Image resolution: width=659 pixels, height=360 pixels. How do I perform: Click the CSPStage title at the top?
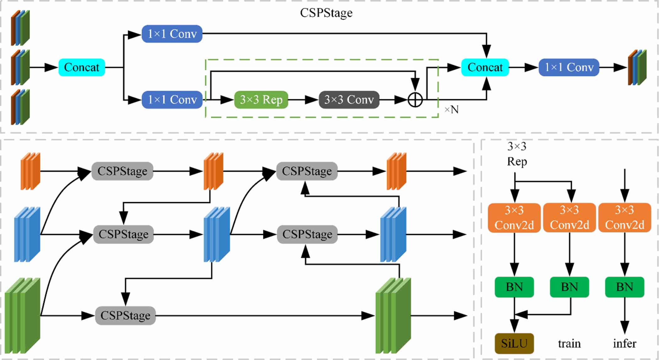[326, 13]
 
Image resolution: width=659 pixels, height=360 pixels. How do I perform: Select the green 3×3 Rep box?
[261, 100]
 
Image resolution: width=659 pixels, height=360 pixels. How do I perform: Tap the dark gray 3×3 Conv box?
[349, 100]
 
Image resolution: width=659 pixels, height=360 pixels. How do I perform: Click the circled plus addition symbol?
[415, 100]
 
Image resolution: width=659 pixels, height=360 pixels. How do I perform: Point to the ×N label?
[452, 110]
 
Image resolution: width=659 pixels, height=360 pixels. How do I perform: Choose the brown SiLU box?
[514, 343]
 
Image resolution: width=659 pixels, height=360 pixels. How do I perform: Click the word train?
[569, 343]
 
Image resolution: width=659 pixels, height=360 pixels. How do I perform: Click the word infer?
[624, 343]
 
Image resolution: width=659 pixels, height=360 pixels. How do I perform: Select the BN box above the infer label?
[624, 287]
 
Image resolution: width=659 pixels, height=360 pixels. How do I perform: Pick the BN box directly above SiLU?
[514, 287]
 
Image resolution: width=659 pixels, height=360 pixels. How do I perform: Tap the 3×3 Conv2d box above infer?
[624, 218]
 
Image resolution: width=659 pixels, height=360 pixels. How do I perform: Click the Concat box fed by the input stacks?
[82, 67]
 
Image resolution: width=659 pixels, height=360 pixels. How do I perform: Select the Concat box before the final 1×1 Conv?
[485, 67]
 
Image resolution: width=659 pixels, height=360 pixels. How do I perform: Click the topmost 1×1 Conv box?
[172, 34]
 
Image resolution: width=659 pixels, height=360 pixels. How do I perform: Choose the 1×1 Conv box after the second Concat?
[569, 67]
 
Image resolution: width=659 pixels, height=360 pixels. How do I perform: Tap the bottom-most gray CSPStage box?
[125, 315]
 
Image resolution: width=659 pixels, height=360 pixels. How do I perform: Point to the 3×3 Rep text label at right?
[517, 154]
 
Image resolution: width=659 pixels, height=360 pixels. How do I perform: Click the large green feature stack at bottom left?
[23, 315]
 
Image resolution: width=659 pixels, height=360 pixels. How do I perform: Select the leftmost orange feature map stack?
[30, 171]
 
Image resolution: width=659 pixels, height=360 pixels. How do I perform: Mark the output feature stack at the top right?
[637, 67]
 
